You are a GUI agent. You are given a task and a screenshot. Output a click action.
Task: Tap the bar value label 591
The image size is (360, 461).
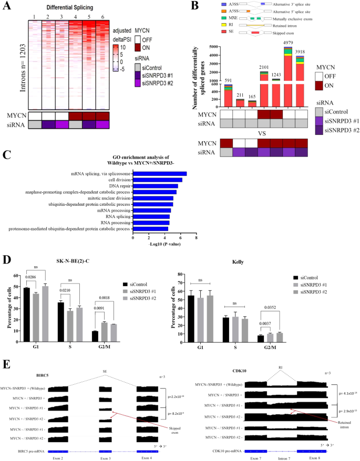[228, 80]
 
